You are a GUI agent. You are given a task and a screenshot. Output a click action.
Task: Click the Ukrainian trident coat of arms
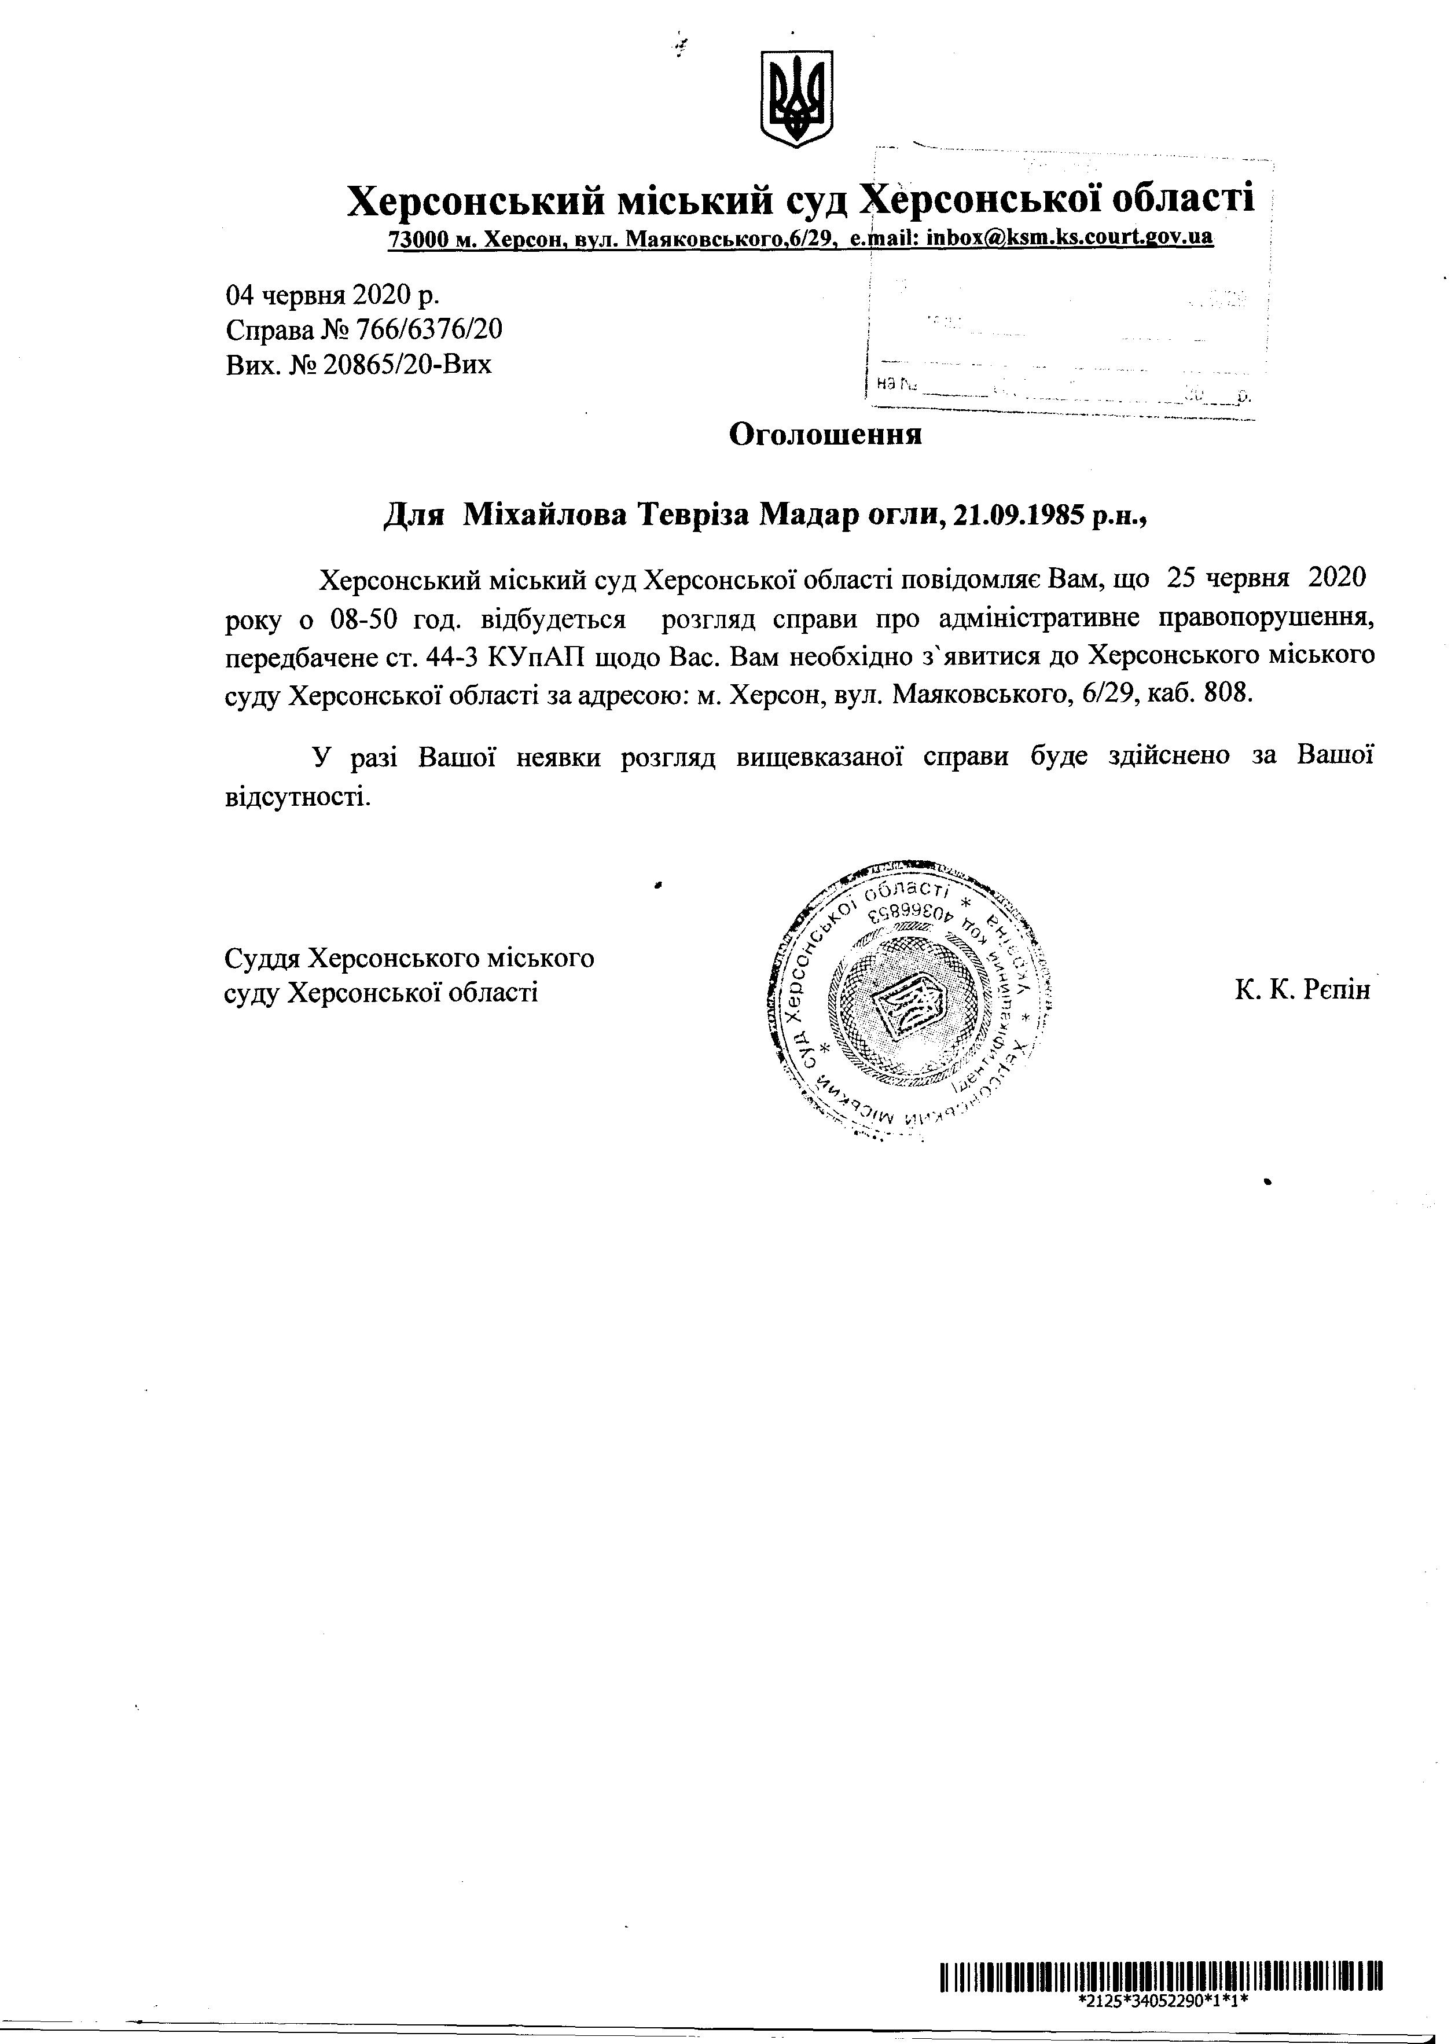796,98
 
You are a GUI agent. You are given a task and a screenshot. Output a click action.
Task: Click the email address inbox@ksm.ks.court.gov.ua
1070,237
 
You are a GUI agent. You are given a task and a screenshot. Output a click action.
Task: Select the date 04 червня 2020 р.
332,295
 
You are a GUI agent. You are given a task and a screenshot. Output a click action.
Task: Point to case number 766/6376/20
429,331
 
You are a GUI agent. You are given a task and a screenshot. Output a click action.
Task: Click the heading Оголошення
825,435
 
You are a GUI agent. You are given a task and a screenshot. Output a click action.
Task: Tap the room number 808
1228,695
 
